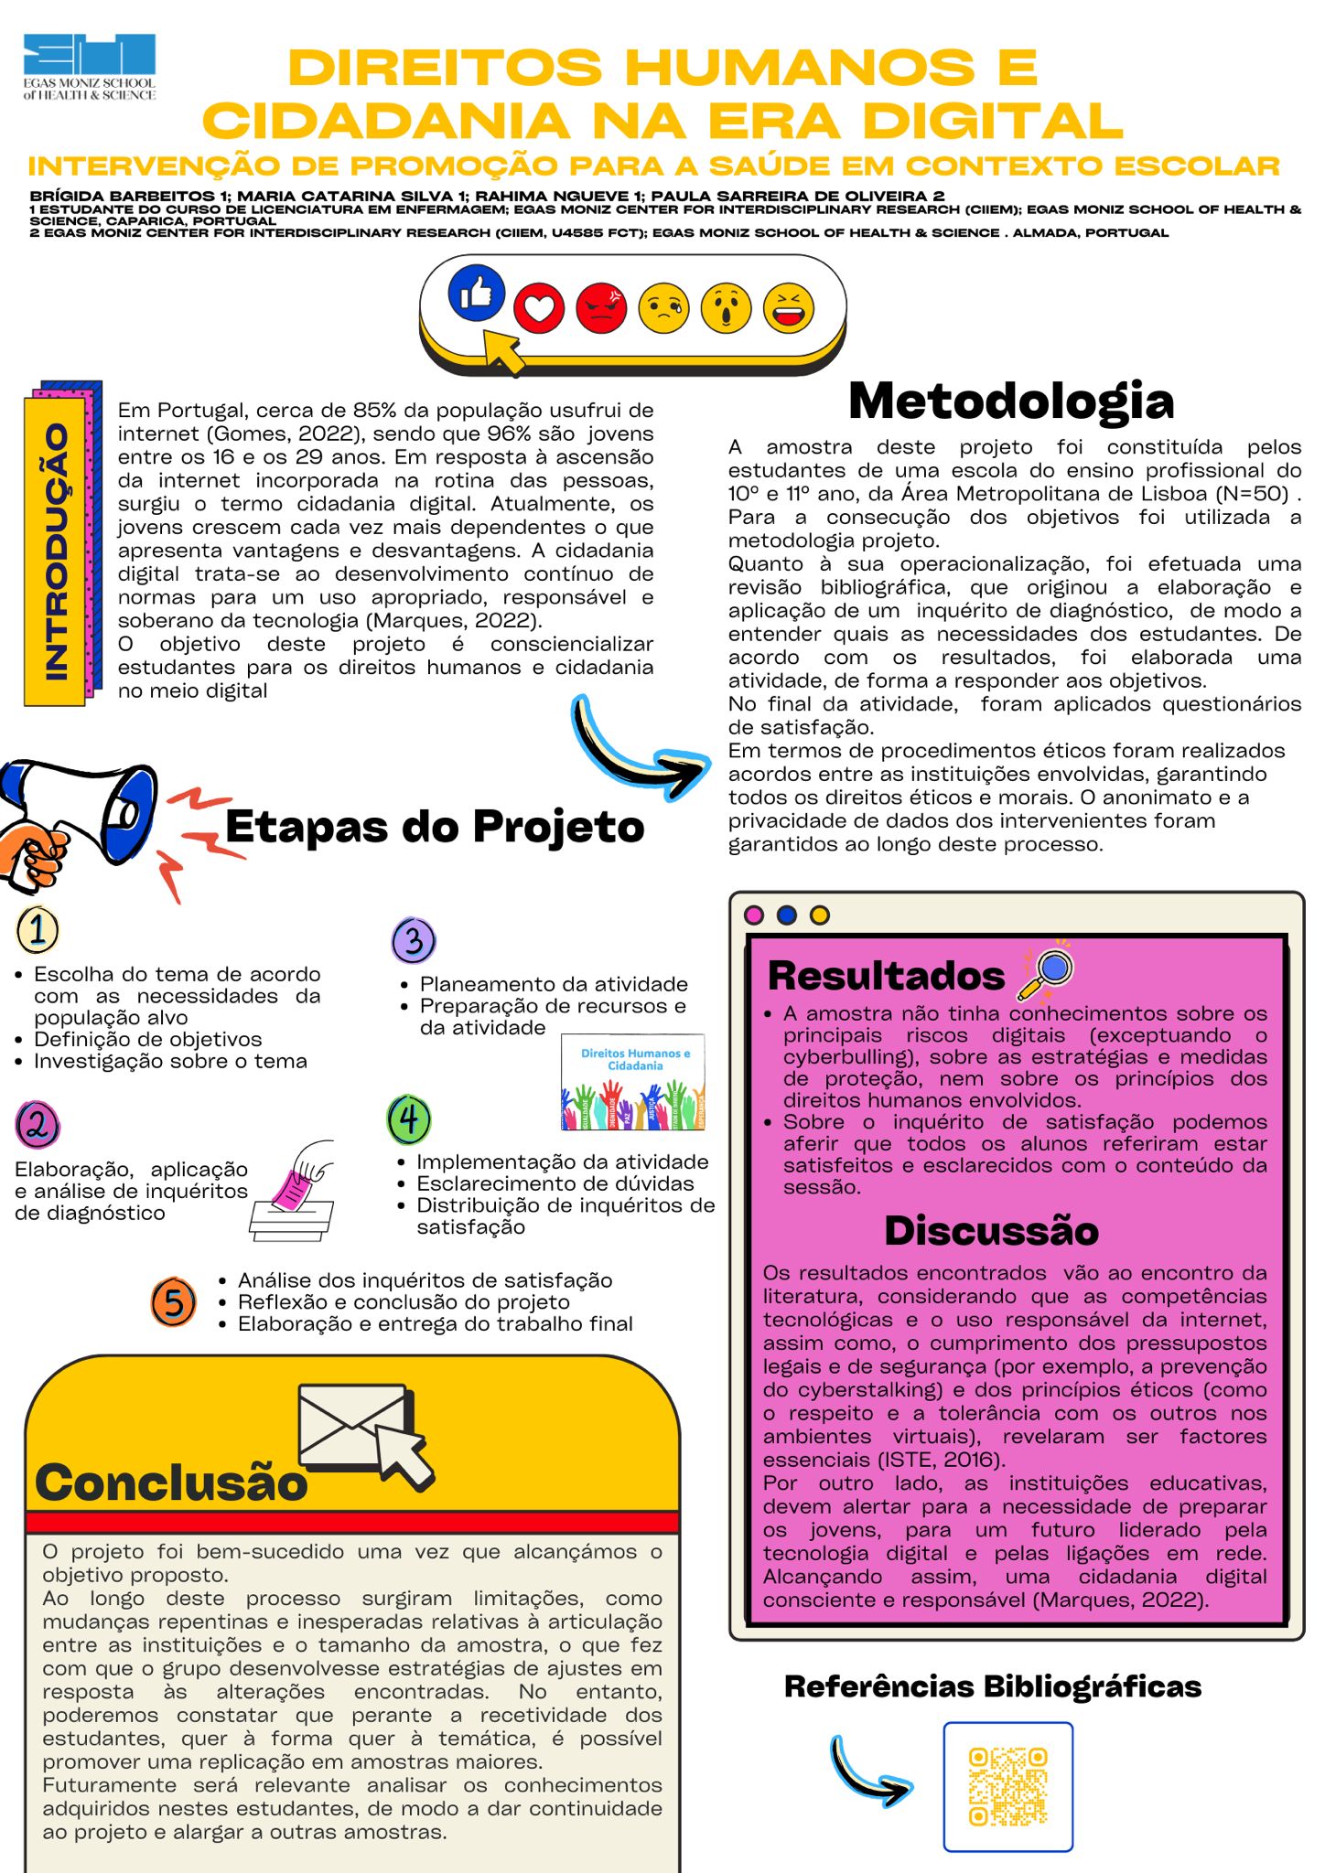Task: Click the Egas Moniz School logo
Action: tap(90, 67)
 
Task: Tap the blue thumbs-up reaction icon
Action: tap(476, 293)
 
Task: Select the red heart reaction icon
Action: tap(539, 308)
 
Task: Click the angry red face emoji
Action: tap(601, 308)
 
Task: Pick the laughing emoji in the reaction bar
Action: tap(788, 307)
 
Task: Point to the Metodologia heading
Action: tap(1011, 401)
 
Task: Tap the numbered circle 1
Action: tap(38, 930)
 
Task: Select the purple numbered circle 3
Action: tap(414, 940)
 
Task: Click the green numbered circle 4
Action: tap(409, 1119)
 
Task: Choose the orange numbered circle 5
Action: tap(174, 1302)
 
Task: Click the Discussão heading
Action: tap(991, 1231)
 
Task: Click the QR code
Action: tap(1007, 1786)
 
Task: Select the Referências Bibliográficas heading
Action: tap(993, 1686)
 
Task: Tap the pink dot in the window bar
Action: tap(754, 915)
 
